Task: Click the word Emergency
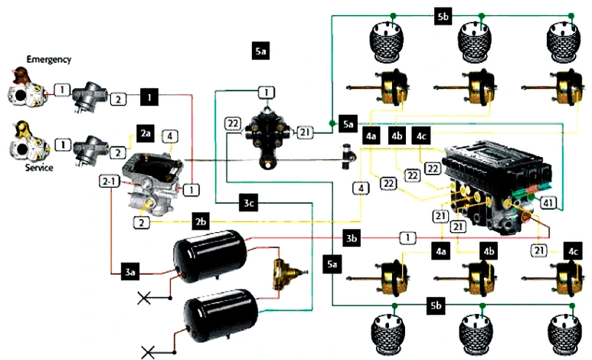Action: tap(48, 59)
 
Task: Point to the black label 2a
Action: tap(146, 133)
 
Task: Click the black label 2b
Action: tap(201, 222)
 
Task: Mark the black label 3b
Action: tap(352, 238)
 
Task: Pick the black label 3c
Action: tap(247, 202)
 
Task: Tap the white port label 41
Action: tap(548, 203)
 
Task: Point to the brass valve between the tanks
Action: tap(286, 275)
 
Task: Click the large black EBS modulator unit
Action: tap(498, 180)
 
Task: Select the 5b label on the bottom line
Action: tap(437, 306)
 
